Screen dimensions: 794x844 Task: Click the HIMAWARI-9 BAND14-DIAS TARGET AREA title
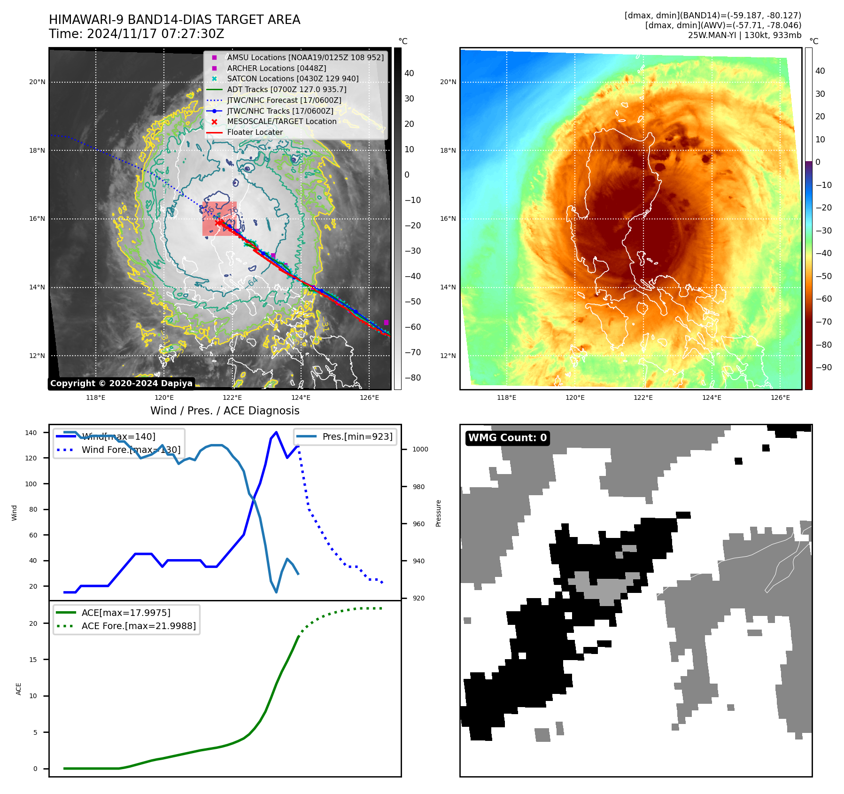174,20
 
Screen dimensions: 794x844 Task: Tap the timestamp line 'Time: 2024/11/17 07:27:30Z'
136,34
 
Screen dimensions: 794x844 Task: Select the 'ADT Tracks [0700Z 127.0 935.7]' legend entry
286,89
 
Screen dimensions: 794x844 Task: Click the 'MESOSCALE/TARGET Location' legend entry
281,121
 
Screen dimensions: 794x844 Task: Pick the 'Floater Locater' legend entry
255,132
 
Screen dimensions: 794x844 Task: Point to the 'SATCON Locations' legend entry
292,78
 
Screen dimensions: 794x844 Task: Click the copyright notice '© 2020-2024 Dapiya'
121,383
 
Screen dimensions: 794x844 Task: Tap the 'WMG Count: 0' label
507,438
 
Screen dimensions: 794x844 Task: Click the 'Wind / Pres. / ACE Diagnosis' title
225,411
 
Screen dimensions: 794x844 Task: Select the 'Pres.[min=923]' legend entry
357,436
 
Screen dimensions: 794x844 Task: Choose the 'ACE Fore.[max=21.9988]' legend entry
139,626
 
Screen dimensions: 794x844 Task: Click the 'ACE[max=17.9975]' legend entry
126,613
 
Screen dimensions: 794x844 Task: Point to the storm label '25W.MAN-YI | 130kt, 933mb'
744,35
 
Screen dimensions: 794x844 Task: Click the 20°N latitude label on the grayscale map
37,82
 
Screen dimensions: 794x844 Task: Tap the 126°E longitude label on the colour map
780,397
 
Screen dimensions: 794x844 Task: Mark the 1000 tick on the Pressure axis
420,449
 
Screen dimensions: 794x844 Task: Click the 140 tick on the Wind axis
31,433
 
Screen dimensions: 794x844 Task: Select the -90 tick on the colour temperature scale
823,367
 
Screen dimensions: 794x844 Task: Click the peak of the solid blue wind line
276,432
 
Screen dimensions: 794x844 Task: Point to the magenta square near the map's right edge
386,322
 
